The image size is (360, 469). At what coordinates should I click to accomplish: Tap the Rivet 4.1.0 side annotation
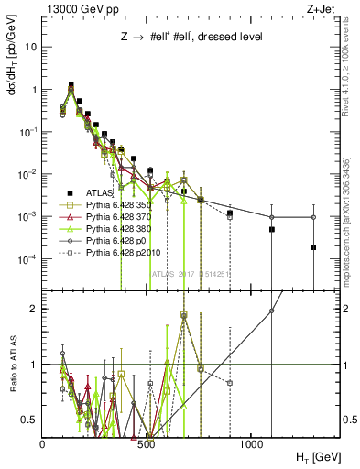(347, 69)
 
